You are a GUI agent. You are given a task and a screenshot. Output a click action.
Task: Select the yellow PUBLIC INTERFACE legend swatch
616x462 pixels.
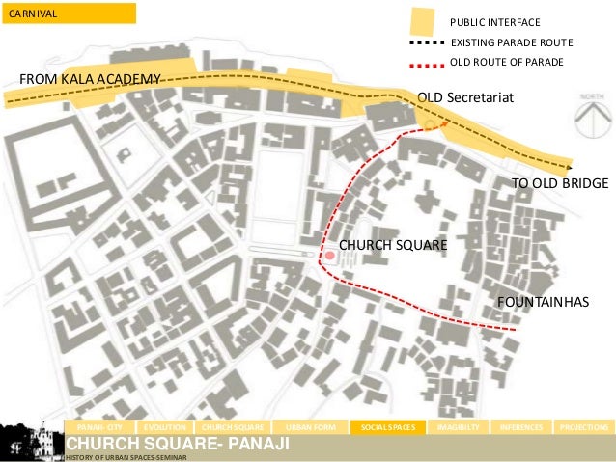[422, 21]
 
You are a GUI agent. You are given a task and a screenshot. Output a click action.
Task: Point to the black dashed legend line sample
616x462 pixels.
[427, 43]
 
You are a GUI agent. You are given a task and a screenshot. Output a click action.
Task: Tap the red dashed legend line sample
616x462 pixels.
[427, 62]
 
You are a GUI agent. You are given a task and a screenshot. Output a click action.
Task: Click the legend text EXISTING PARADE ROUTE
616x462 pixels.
[512, 43]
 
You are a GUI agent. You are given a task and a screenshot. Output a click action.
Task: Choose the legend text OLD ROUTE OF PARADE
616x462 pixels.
[507, 62]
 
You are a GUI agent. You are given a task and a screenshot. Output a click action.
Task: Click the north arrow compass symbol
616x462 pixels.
[591, 121]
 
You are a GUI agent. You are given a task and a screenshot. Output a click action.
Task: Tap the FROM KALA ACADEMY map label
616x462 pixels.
[84, 78]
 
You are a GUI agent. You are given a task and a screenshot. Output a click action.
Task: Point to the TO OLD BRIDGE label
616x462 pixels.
[559, 183]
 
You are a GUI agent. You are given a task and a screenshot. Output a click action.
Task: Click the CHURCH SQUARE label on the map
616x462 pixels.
[393, 246]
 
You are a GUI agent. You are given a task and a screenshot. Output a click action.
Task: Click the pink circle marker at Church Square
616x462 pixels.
[329, 256]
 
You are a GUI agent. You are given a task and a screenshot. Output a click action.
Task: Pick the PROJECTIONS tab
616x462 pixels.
[583, 426]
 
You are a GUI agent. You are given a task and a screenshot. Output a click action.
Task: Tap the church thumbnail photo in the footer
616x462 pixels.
[30, 441]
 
